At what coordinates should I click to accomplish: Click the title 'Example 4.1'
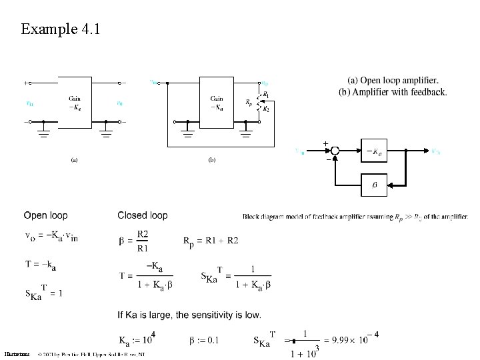60,29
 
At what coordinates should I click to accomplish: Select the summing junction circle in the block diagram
335,151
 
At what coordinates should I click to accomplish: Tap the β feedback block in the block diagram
373,185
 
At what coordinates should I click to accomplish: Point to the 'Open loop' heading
45,215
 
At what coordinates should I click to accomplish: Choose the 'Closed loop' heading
143,215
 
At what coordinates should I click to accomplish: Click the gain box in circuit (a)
75,103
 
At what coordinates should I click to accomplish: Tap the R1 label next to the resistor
266,94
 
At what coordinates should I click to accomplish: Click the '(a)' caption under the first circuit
75,160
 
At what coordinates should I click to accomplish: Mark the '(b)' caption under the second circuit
212,160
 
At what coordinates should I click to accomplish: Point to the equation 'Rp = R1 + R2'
210,240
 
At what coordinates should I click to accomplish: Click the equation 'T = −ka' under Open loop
40,265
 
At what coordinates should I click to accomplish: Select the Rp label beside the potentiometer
249,103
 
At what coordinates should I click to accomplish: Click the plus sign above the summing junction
325,143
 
